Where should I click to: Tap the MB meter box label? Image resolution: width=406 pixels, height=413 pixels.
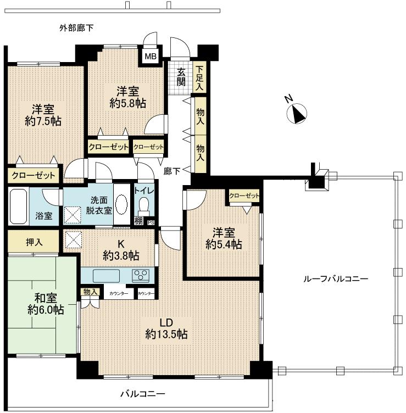[x=150, y=55]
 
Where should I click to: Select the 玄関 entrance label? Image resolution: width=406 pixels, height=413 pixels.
[x=181, y=77]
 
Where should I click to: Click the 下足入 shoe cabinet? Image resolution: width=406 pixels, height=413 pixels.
[x=200, y=77]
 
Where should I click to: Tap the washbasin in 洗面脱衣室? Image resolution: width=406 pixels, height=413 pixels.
[x=121, y=206]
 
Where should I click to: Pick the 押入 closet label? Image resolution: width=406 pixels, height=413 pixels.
[x=34, y=242]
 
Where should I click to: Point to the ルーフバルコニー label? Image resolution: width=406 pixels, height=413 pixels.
[x=336, y=278]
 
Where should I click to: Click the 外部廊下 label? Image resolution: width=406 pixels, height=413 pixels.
[x=76, y=27]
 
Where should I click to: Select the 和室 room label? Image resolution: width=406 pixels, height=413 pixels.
[x=45, y=298]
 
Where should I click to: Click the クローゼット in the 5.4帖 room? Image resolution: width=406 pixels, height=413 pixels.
[x=244, y=197]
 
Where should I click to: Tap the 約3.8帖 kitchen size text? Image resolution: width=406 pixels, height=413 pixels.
[x=121, y=255]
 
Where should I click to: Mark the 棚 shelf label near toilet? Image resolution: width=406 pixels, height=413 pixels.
[x=139, y=222]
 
